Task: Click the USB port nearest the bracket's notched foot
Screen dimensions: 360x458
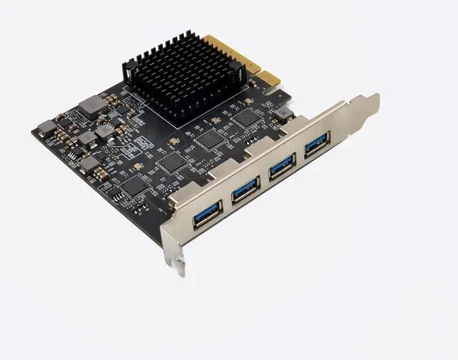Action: click(208, 213)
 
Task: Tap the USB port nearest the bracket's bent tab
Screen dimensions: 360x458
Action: click(316, 145)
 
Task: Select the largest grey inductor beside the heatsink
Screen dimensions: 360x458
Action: click(91, 106)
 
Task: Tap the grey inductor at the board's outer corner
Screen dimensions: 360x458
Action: click(47, 128)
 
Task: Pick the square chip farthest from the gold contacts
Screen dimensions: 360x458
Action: click(134, 185)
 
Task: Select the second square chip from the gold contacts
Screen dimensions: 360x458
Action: click(210, 139)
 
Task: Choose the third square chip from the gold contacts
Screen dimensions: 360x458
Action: click(172, 162)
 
